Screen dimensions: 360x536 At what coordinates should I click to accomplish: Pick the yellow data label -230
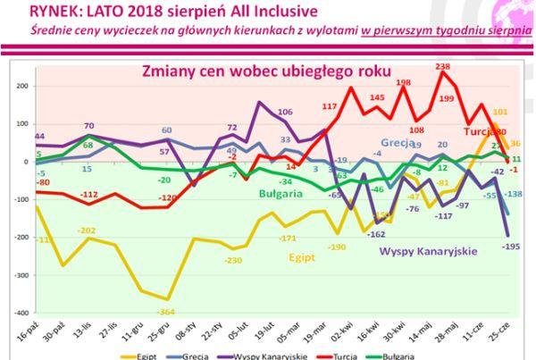pos(234,260)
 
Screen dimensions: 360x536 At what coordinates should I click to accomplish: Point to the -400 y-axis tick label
pos(20,314)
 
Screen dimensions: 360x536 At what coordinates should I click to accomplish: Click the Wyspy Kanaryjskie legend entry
pos(268,355)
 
